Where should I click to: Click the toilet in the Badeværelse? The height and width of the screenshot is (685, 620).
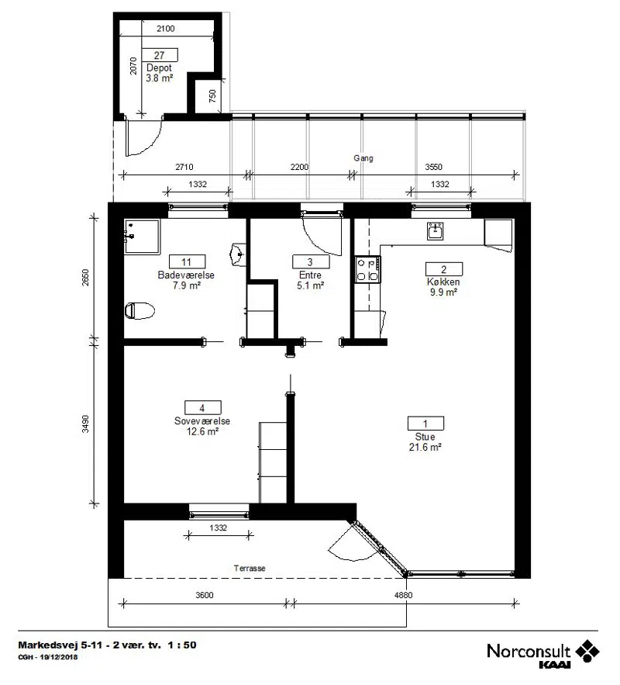coord(139,310)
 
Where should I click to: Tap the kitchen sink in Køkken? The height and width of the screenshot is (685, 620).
coord(435,231)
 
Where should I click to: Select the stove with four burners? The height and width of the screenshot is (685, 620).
coord(367,269)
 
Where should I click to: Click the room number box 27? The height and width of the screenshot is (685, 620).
coord(159,55)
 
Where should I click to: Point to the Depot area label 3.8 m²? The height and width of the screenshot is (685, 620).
coord(159,78)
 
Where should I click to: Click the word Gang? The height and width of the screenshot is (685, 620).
coord(363,158)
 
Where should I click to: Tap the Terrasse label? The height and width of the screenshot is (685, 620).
coord(250,568)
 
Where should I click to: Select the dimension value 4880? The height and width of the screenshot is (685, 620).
coord(403,595)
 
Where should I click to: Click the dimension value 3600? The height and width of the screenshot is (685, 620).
coord(205,595)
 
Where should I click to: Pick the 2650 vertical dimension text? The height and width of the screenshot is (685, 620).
coord(85,278)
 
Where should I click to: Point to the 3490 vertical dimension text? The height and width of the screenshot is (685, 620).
coord(85,424)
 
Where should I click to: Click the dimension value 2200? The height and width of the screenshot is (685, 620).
coord(299,167)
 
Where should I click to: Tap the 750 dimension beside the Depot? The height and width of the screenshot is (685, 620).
coord(212,96)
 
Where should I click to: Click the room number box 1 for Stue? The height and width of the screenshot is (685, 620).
coord(425,424)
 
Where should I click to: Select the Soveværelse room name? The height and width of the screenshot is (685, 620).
coord(202,420)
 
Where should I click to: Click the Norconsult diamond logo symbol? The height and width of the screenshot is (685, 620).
coord(587,651)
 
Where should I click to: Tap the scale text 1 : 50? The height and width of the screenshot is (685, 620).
coord(182,645)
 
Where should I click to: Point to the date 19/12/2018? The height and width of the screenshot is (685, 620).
coord(58,656)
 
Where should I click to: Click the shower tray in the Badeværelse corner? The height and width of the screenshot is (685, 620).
coord(142,237)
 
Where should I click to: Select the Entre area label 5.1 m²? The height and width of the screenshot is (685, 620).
coord(310,285)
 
